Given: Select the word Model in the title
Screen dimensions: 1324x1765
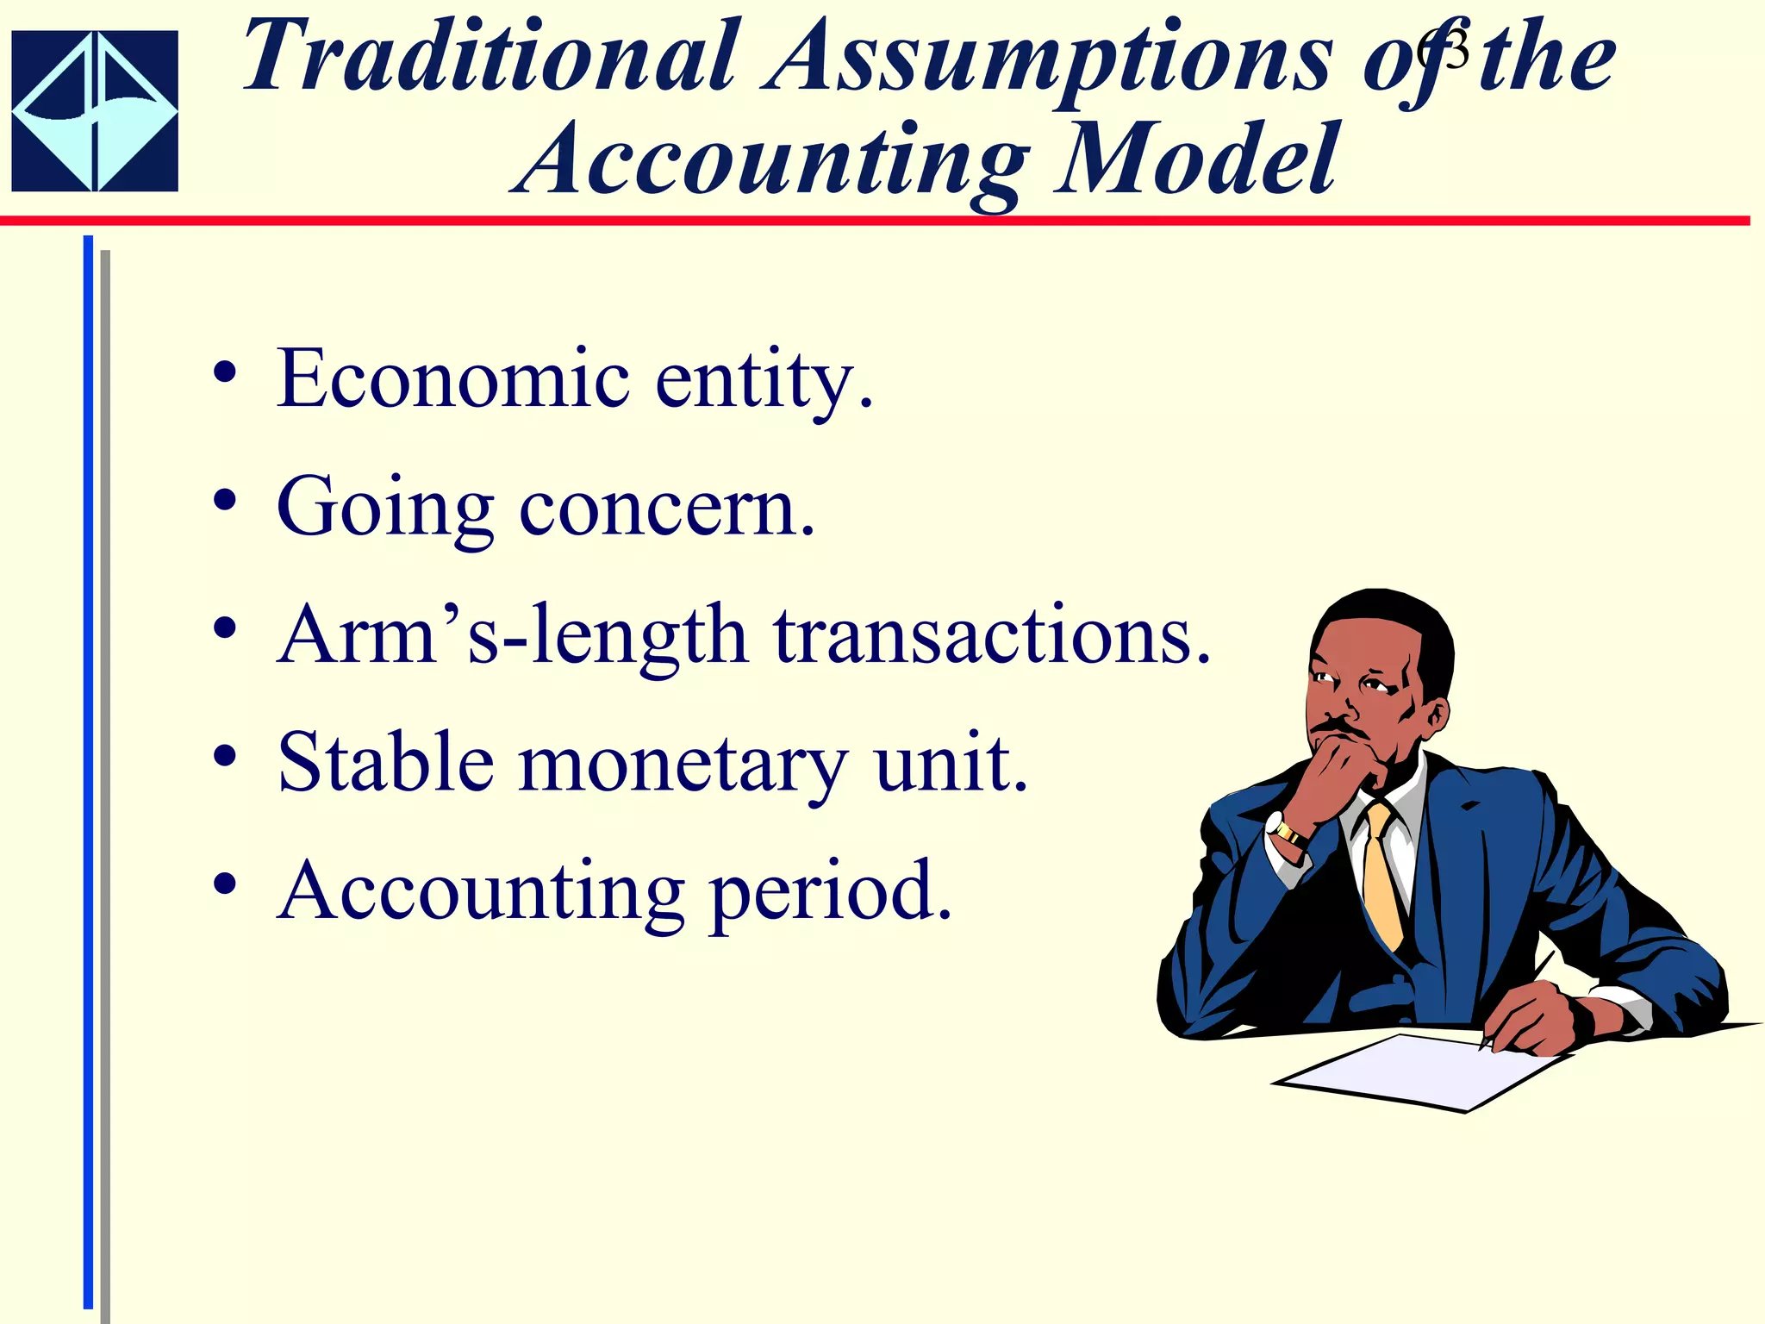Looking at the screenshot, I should (x=1198, y=160).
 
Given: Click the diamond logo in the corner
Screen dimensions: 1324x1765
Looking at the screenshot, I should (x=95, y=110).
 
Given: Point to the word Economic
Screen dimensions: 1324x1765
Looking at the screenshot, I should (x=452, y=379).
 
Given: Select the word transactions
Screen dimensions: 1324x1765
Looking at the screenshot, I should (x=991, y=636).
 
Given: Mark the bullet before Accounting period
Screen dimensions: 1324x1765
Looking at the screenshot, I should (x=225, y=884).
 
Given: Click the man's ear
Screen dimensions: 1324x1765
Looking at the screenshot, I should (x=1436, y=714).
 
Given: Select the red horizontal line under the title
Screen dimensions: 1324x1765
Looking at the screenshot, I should (x=862, y=221).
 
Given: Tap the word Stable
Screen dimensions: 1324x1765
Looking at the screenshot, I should (x=385, y=764).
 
